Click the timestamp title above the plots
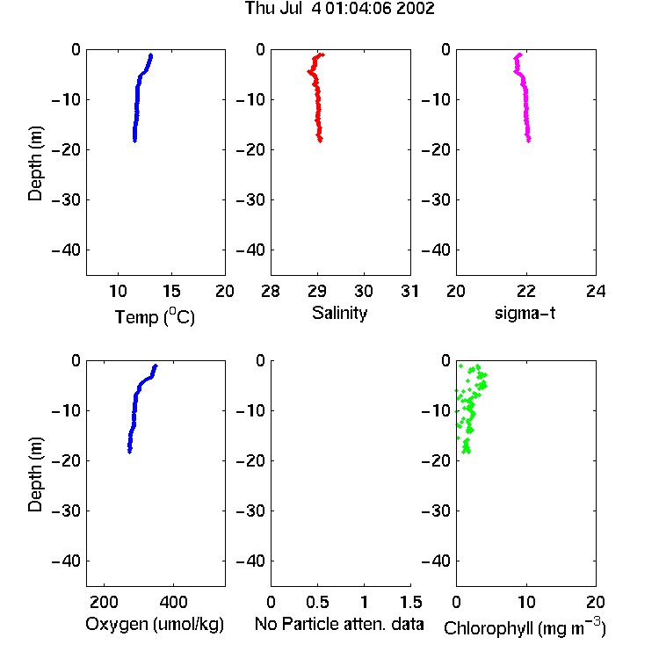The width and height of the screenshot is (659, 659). (339, 9)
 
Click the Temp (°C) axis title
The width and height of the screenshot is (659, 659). (155, 316)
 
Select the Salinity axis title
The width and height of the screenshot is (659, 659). (339, 313)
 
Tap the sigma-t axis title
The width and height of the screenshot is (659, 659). (525, 313)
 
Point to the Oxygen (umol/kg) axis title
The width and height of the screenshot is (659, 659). (155, 624)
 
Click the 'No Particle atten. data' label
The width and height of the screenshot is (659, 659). (339, 624)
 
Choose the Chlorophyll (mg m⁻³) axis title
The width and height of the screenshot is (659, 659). (525, 627)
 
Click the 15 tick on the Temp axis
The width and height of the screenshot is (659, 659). (171, 291)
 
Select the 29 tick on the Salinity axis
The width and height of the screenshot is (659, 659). (317, 291)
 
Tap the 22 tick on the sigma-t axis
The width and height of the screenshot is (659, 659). (526, 291)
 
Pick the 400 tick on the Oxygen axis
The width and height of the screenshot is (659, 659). (173, 602)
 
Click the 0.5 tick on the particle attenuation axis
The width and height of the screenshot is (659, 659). (317, 602)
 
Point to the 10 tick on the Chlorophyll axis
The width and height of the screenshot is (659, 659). (526, 602)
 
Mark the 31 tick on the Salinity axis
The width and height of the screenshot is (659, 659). (410, 291)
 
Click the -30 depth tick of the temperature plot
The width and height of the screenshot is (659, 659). (66, 200)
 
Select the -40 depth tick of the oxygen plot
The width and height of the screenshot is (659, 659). (66, 561)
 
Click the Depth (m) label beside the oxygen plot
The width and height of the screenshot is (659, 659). (36, 474)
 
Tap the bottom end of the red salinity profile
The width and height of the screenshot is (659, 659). (320, 141)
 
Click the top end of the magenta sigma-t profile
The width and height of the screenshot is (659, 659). (520, 54)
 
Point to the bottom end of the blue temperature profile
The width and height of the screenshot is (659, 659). (134, 141)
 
